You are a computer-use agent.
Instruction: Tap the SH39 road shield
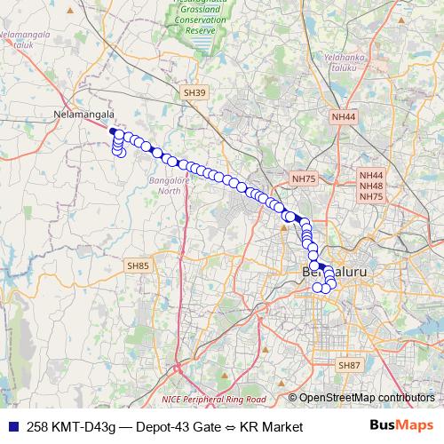[x=194, y=92]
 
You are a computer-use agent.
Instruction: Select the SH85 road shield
[x=139, y=265]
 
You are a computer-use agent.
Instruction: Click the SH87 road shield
[x=349, y=365]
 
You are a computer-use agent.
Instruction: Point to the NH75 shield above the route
[x=304, y=179]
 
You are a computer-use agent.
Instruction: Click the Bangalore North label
[x=163, y=186]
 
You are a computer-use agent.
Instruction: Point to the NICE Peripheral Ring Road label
[x=213, y=400]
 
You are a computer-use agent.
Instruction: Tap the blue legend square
[x=11, y=427]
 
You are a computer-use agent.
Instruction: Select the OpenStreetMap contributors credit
[x=366, y=398]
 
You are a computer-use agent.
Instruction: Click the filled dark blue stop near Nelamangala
[x=113, y=132]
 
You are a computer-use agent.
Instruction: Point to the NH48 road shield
[x=371, y=186]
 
